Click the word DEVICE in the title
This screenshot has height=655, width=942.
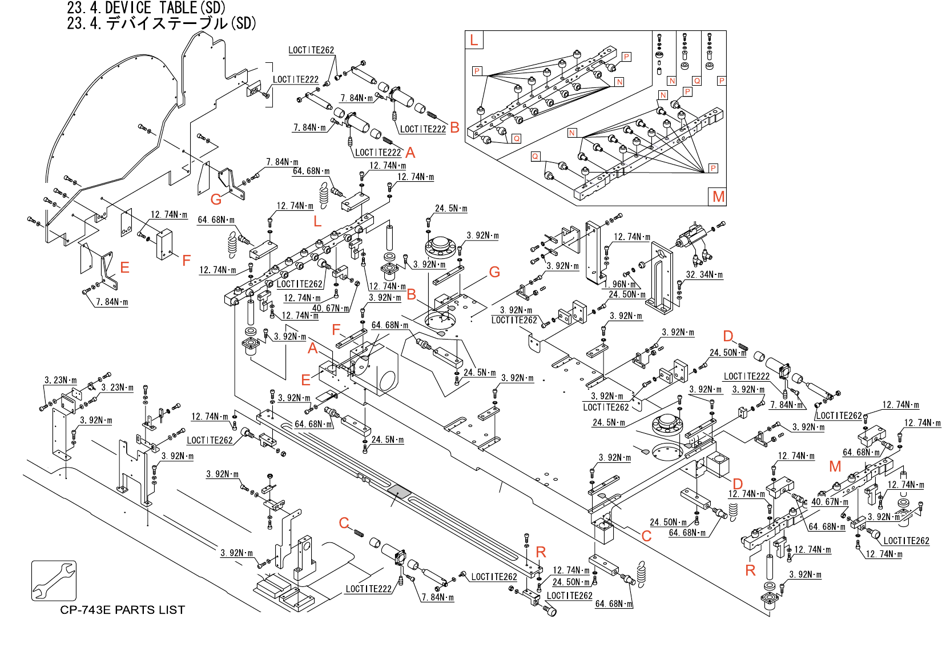tap(128, 8)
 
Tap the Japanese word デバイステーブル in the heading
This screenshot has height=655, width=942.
tap(167, 23)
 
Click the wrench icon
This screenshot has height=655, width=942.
tap(54, 581)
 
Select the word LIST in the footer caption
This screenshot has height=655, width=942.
tap(172, 610)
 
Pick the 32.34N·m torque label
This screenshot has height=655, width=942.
tap(704, 275)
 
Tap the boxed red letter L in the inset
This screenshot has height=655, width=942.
tap(474, 40)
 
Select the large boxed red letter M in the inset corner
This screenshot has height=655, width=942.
tap(718, 197)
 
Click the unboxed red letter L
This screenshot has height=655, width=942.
tap(317, 221)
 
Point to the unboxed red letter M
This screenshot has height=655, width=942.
tap(835, 467)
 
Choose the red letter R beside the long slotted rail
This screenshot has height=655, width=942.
tap(541, 552)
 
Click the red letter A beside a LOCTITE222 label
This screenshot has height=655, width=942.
tap(410, 153)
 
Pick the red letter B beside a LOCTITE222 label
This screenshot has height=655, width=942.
tap(454, 128)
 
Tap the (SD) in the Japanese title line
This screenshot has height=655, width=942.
tap(243, 23)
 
